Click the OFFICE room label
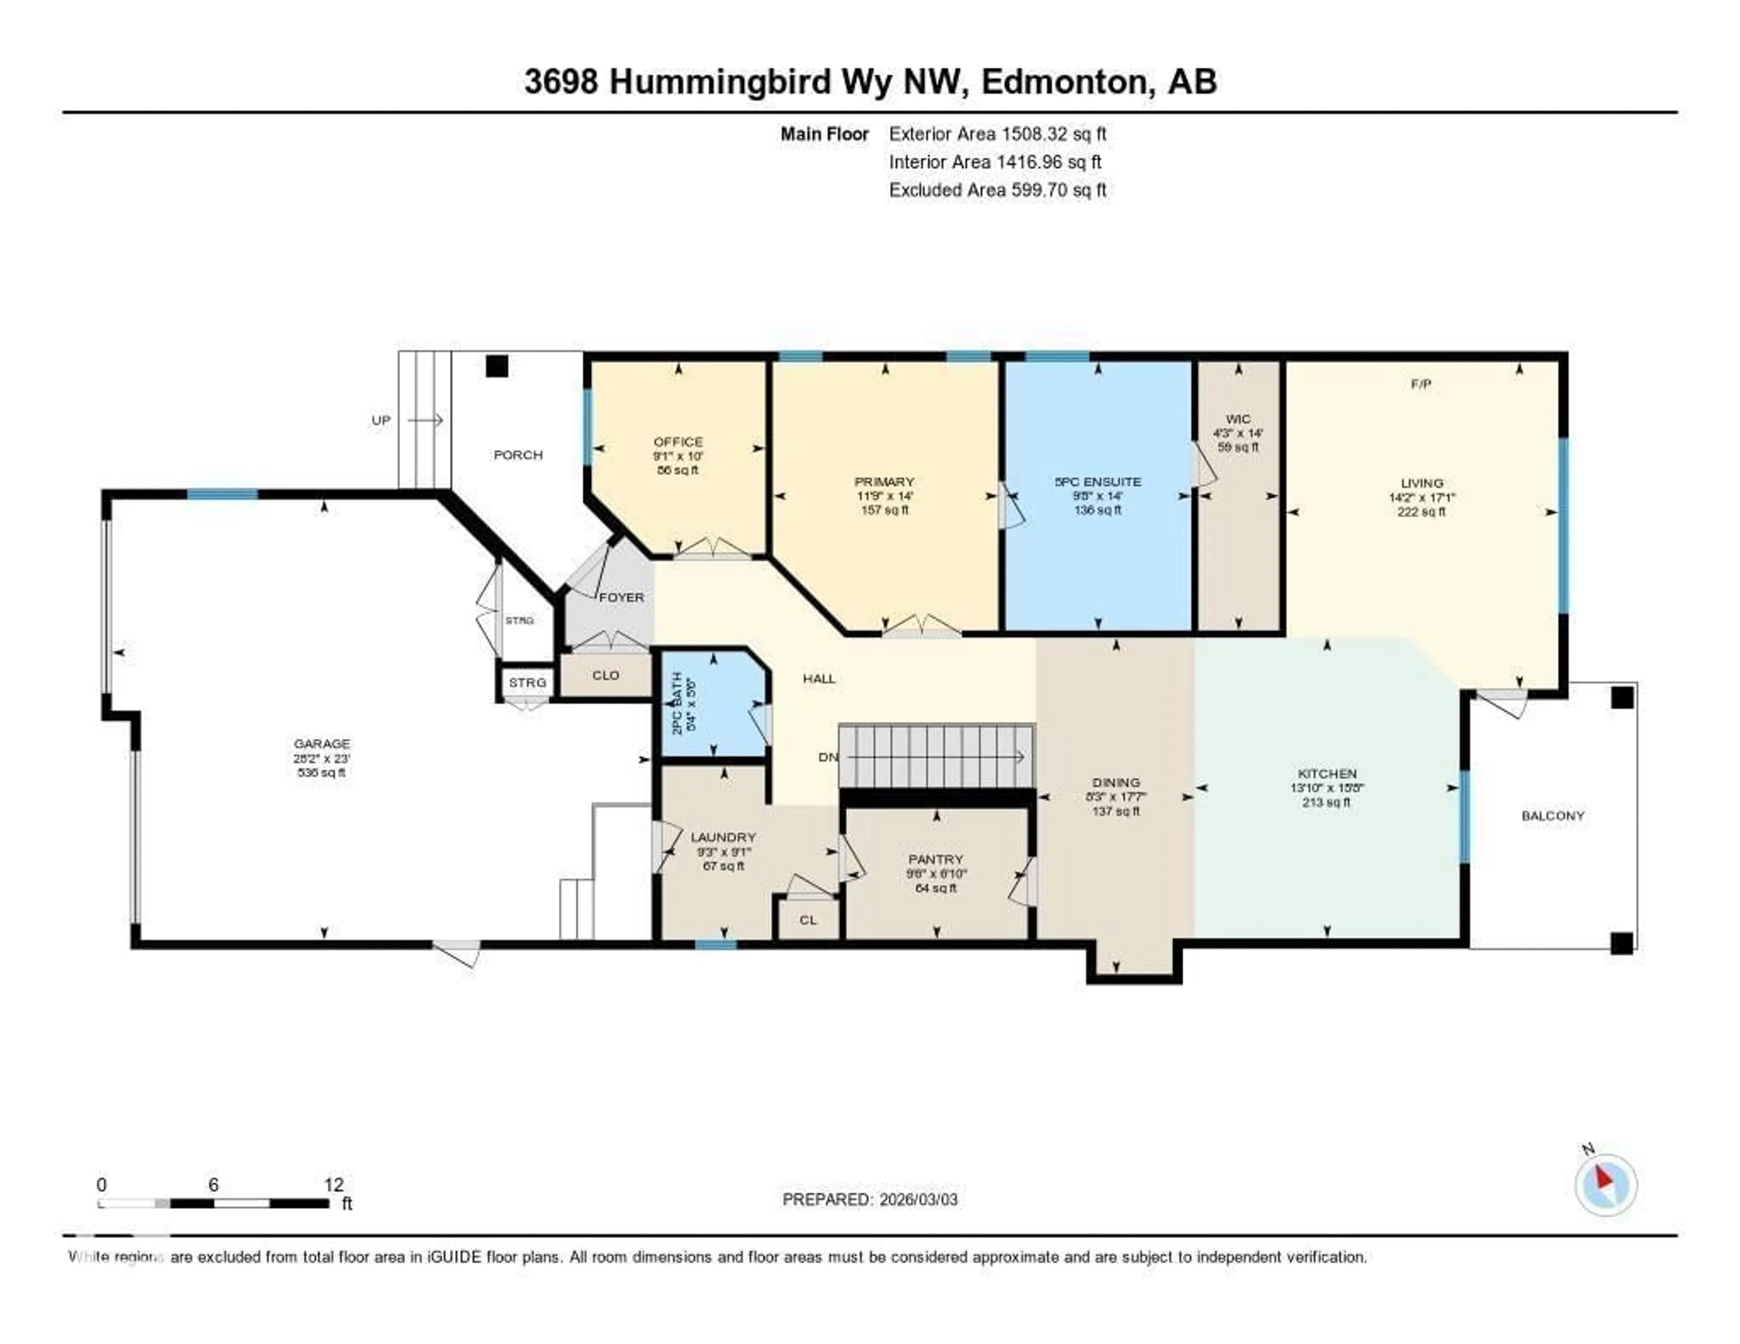[x=678, y=441]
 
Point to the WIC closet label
[x=1237, y=419]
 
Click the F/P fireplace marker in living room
[x=1421, y=384]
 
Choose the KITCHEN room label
[x=1326, y=773]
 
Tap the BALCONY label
[x=1552, y=815]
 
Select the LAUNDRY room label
[x=723, y=836]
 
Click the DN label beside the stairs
[x=828, y=757]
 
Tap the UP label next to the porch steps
[x=381, y=420]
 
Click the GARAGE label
[x=321, y=743]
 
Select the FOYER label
[x=621, y=597]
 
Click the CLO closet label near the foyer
[x=605, y=675]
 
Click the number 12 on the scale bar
[x=334, y=1184]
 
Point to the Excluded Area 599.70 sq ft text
[x=997, y=189]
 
